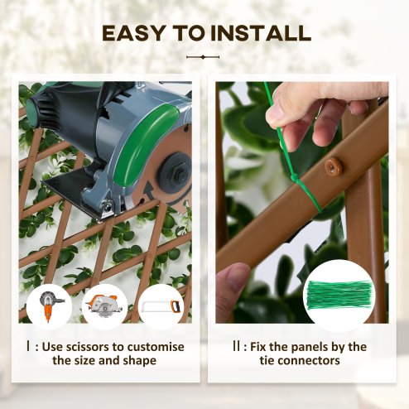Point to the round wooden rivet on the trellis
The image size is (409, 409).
(334, 168)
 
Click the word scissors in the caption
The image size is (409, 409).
(99, 347)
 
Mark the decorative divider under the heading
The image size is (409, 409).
(204, 57)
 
